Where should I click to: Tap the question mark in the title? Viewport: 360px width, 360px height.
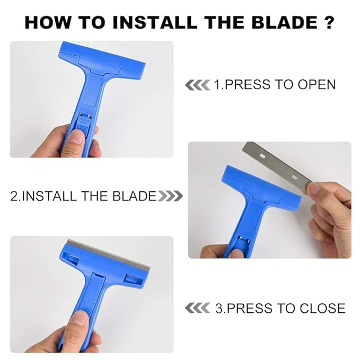click(x=329, y=23)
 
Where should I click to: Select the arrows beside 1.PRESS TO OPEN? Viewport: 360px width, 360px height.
click(x=197, y=85)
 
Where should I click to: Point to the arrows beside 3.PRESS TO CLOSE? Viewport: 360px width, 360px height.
click(x=197, y=308)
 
